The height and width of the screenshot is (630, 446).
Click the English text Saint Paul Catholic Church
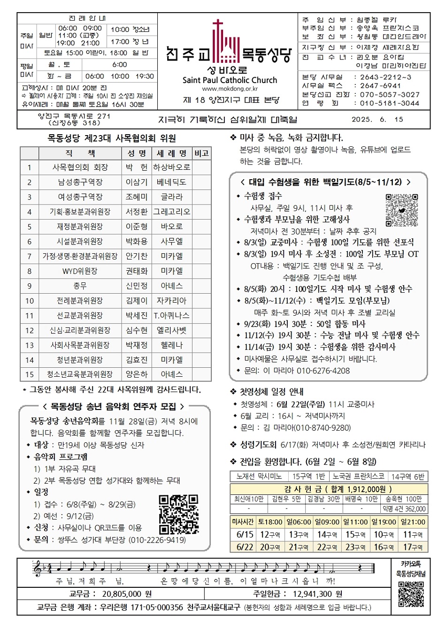tap(230, 80)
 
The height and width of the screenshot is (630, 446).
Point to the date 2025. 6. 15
tap(377, 119)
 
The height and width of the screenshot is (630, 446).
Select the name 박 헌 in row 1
tap(136, 167)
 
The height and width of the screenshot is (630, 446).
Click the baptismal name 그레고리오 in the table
tap(172, 212)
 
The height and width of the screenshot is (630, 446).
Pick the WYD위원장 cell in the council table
tap(80, 271)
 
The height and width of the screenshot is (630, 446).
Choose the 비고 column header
tap(201, 153)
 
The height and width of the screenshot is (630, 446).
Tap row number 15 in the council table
tap(30, 374)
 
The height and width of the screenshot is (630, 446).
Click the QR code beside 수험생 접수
tap(401, 210)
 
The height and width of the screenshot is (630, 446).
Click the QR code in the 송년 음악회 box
tap(178, 515)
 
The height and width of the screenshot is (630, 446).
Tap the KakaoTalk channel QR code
tap(411, 594)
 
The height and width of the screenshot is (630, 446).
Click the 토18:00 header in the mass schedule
tap(270, 522)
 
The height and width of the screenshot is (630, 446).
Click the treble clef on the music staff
tap(38, 569)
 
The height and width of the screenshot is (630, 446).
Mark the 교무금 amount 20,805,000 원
tap(127, 594)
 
